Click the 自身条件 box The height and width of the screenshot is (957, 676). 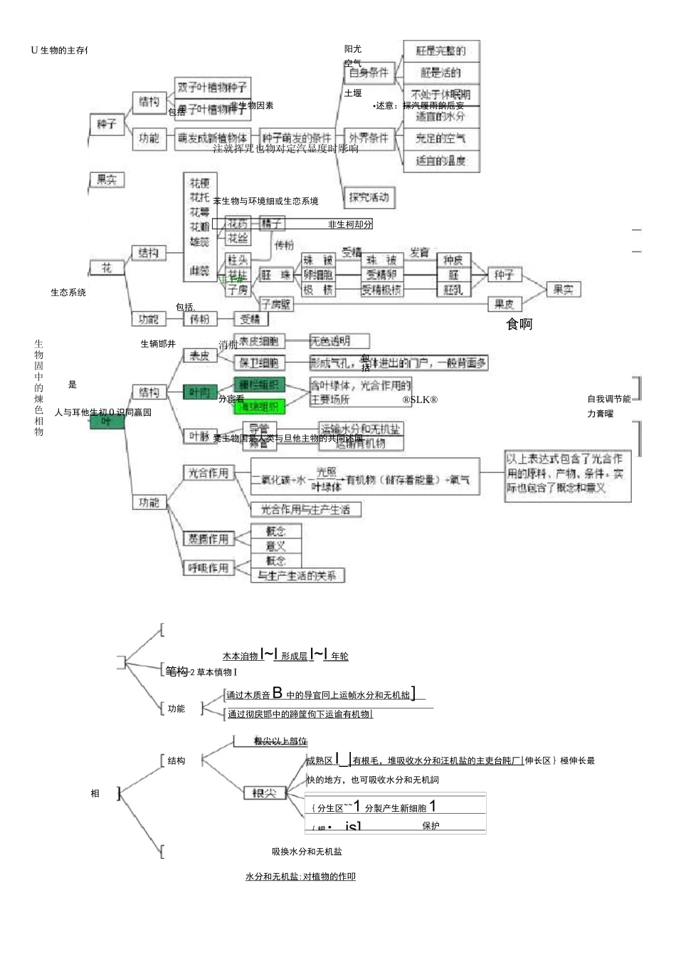tap(369, 73)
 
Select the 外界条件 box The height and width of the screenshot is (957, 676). tap(369, 138)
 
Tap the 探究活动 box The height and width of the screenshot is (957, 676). tap(369, 197)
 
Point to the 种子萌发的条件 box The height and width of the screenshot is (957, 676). tap(297, 138)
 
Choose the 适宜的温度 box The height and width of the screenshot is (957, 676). tap(441, 161)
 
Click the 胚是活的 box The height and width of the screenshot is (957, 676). tap(441, 73)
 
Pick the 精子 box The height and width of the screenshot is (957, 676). tap(271, 224)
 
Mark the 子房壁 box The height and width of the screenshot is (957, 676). tap(276, 304)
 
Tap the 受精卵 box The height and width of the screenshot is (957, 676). tap(381, 275)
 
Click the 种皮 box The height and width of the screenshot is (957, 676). tap(453, 261)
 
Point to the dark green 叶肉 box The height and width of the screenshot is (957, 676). tap(200, 392)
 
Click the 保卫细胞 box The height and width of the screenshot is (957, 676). tap(260, 363)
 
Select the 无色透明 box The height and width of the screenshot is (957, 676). tap(339, 341)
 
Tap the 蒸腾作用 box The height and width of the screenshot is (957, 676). tap(208, 539)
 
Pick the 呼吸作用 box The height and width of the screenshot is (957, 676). tap(208, 568)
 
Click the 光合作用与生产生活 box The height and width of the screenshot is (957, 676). tap(306, 509)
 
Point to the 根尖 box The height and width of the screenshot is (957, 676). tap(265, 793)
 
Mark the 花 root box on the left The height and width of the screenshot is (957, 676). tap(106, 268)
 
